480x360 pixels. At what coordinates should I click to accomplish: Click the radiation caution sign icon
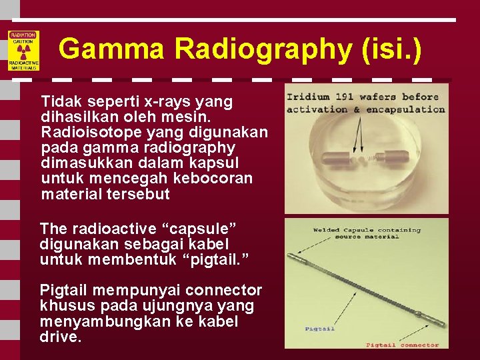click(23, 51)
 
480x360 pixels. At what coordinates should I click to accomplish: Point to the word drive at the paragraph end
click(60, 337)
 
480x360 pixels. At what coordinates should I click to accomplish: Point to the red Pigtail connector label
click(402, 345)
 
